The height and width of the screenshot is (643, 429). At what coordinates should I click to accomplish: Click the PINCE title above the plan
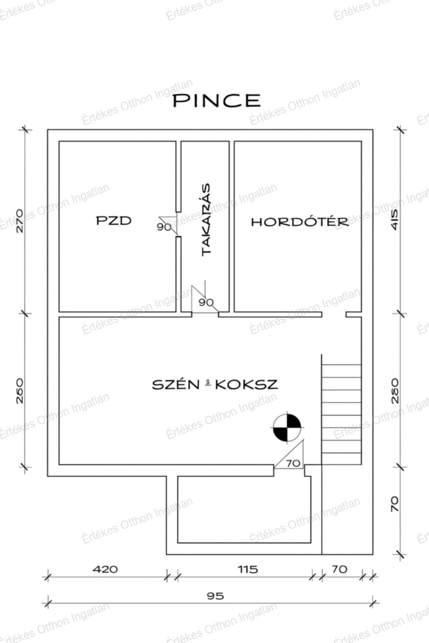pyautogui.click(x=217, y=100)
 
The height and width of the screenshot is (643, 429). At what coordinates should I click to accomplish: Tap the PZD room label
pyautogui.click(x=114, y=221)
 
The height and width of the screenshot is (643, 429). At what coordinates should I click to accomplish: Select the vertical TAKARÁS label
pyautogui.click(x=206, y=220)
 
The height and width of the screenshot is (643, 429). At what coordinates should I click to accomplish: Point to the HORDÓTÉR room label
pyautogui.click(x=300, y=222)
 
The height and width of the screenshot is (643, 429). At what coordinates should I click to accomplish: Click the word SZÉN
pyautogui.click(x=176, y=385)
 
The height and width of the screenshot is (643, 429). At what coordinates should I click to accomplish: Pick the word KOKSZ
pyautogui.click(x=246, y=385)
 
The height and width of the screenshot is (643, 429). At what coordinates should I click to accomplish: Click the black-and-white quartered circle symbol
pyautogui.click(x=287, y=427)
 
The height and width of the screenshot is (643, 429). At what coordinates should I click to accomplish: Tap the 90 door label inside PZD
pyautogui.click(x=164, y=227)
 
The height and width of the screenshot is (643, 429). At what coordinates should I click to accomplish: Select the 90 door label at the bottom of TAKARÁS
pyautogui.click(x=206, y=302)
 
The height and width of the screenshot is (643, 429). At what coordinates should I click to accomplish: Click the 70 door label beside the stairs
pyautogui.click(x=293, y=463)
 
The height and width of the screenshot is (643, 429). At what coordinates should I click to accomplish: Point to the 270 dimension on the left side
pyautogui.click(x=20, y=221)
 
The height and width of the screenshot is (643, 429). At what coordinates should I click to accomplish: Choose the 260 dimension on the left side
pyautogui.click(x=20, y=391)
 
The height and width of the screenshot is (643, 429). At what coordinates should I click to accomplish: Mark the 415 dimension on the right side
pyautogui.click(x=395, y=220)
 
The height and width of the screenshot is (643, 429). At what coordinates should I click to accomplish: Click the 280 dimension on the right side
pyautogui.click(x=395, y=391)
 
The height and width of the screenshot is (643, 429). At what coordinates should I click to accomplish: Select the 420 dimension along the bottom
pyautogui.click(x=105, y=569)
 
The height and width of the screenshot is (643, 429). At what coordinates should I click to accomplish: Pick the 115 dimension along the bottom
pyautogui.click(x=248, y=569)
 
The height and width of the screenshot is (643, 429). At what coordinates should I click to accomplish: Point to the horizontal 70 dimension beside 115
pyautogui.click(x=340, y=569)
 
